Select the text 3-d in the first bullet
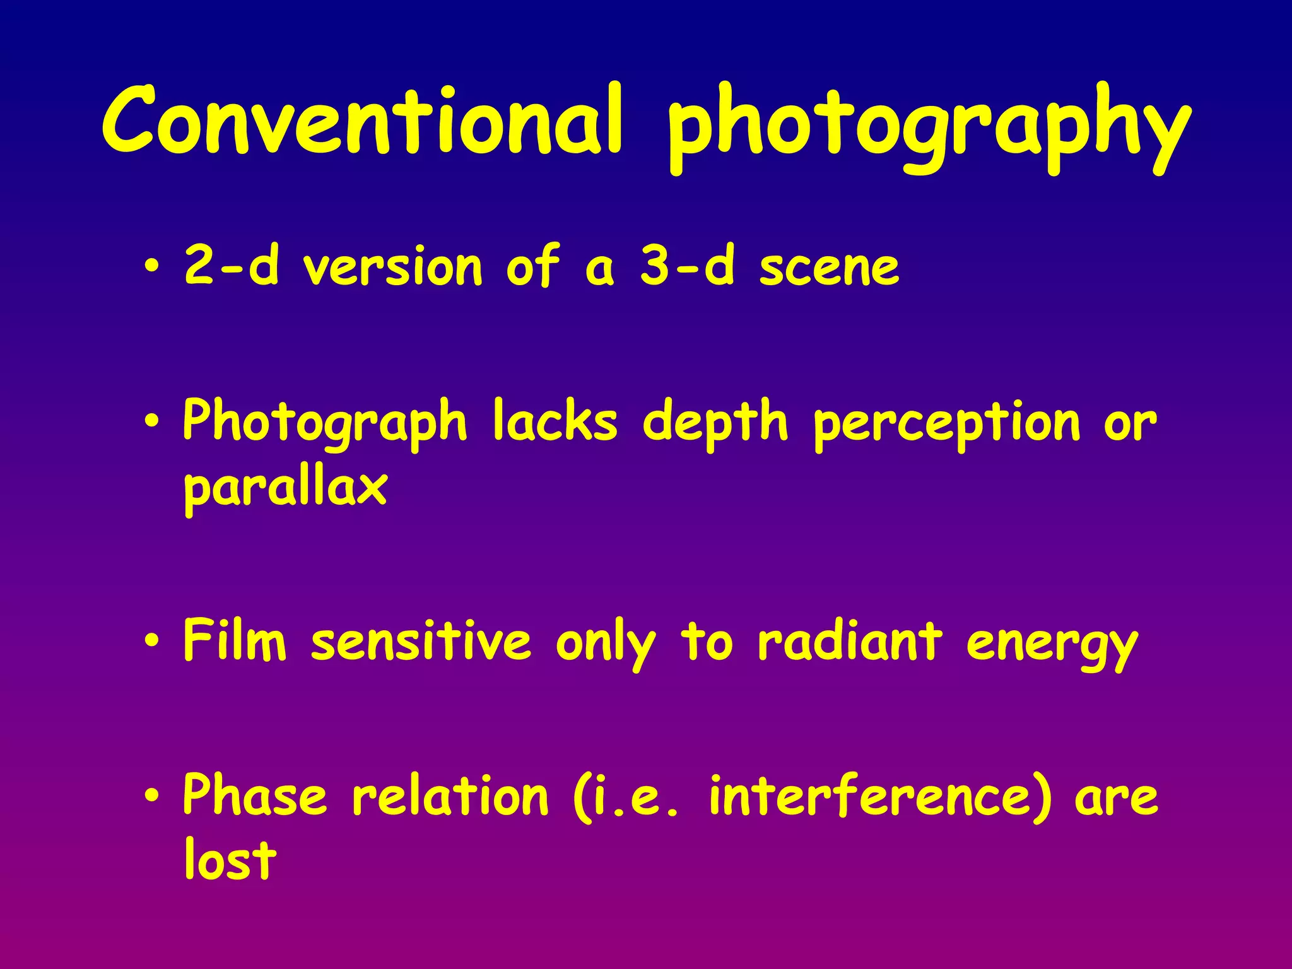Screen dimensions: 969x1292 pyautogui.click(x=687, y=265)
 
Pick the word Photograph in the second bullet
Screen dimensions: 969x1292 pyautogui.click(x=325, y=423)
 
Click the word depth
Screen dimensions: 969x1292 pyautogui.click(x=715, y=423)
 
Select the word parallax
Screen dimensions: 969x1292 pyautogui.click(x=285, y=489)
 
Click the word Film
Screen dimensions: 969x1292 pyautogui.click(x=235, y=640)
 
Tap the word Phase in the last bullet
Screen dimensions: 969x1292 pyautogui.click(x=255, y=795)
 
